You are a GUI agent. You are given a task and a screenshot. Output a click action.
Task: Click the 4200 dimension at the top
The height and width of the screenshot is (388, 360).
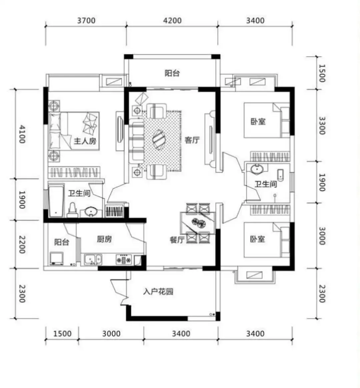click(x=172, y=21)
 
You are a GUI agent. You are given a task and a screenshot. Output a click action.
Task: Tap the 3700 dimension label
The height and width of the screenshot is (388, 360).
click(x=86, y=21)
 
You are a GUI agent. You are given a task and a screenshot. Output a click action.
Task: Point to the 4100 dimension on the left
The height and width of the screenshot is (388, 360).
click(x=22, y=134)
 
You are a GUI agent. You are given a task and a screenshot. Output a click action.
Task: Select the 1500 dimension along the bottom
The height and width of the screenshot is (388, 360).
click(x=62, y=334)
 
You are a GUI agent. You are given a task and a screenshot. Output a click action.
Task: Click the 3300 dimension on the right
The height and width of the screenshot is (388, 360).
click(x=322, y=125)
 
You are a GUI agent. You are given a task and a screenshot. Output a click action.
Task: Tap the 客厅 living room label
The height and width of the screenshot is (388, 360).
click(x=192, y=140)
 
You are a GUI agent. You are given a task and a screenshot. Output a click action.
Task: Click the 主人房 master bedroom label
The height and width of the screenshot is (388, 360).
click(x=85, y=141)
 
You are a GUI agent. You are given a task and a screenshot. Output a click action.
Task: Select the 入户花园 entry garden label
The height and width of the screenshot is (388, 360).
click(x=158, y=292)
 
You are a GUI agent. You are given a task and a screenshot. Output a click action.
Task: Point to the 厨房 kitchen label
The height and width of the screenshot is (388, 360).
click(x=104, y=239)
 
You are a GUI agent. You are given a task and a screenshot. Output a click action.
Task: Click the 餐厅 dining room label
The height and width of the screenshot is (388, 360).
click(x=177, y=240)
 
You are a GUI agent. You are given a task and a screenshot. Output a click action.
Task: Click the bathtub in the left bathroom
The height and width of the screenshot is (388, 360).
click(x=56, y=201)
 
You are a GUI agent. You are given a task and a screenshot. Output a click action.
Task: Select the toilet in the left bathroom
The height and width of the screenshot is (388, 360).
click(x=72, y=210)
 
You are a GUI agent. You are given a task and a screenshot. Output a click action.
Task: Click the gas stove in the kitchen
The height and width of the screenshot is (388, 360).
click(x=124, y=260)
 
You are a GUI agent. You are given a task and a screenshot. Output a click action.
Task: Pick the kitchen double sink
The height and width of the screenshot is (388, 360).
click(x=93, y=260)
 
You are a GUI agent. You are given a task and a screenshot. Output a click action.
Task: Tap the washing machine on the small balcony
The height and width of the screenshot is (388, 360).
click(x=57, y=258)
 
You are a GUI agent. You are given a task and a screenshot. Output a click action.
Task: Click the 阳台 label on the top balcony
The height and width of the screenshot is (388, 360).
click(x=172, y=73)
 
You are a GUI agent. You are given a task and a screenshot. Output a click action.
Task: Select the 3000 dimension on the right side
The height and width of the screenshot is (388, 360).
click(x=322, y=236)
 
